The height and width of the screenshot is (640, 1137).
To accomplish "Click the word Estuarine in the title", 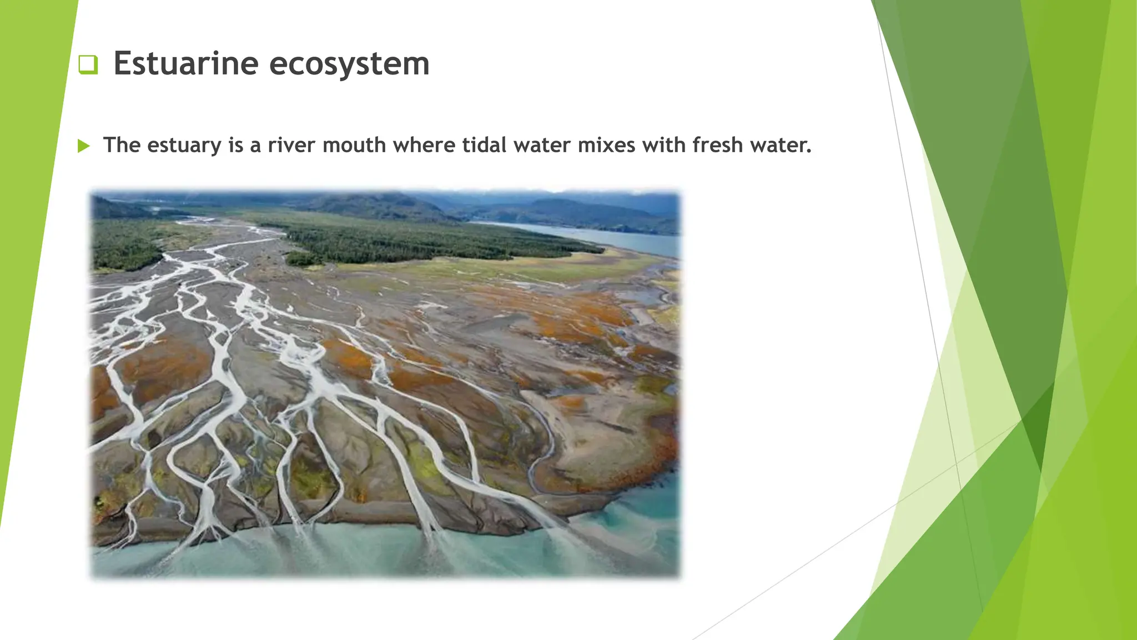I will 185,63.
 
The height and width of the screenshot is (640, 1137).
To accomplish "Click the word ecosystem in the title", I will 349,63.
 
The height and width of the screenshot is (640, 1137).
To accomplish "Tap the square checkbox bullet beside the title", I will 88,64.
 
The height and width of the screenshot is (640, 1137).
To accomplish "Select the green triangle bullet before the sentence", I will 84,146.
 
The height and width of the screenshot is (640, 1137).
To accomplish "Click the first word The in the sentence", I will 122,146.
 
